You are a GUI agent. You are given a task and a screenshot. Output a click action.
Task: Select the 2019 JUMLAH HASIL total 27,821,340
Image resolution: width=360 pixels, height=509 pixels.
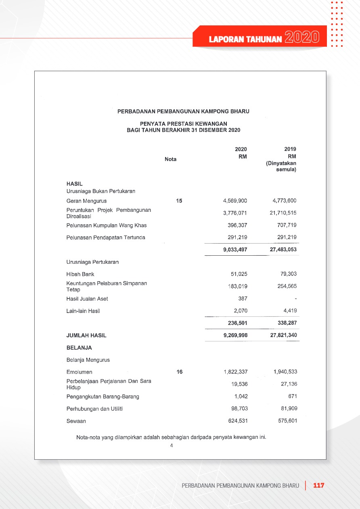click(x=283, y=335)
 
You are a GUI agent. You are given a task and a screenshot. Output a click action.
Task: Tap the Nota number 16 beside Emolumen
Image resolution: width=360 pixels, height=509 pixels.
click(x=180, y=372)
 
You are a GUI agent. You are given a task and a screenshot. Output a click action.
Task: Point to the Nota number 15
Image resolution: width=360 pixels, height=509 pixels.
click(x=180, y=201)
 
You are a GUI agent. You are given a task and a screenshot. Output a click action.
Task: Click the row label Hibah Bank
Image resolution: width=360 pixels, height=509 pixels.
click(x=80, y=274)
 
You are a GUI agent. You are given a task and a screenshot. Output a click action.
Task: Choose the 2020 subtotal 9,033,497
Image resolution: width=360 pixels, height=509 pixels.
click(x=235, y=250)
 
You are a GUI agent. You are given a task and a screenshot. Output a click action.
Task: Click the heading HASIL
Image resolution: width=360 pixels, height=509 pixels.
click(x=74, y=184)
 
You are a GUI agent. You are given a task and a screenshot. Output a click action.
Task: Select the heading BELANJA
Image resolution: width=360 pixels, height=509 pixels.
click(x=79, y=348)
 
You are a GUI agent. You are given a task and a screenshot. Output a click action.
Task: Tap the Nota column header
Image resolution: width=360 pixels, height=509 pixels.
click(x=171, y=159)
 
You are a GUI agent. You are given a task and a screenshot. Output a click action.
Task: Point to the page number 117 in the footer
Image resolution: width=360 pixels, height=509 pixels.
click(x=319, y=486)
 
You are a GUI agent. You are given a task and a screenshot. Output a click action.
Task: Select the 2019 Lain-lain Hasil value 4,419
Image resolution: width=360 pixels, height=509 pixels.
click(x=289, y=311)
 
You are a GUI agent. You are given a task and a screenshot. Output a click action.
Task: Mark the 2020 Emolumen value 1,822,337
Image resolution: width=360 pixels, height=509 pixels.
click(x=235, y=372)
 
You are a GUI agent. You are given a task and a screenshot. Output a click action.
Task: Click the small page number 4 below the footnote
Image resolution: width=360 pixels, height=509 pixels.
click(x=172, y=446)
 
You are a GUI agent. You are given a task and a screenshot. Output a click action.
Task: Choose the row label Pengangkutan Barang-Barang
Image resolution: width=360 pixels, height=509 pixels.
click(x=103, y=396)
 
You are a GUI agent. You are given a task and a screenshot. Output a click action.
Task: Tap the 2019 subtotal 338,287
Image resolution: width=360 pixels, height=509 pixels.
click(x=286, y=323)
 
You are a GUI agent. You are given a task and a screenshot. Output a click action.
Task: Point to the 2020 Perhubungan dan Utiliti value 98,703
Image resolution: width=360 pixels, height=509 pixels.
click(x=238, y=409)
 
